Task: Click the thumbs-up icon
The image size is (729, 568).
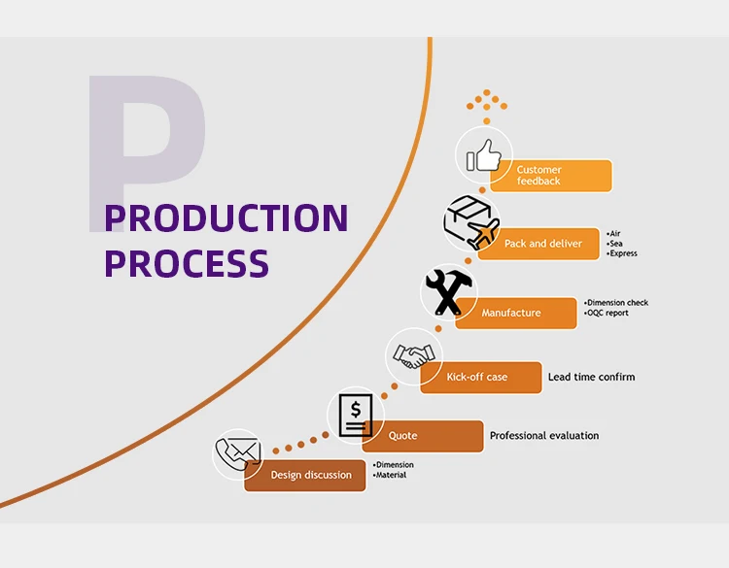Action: (x=484, y=155)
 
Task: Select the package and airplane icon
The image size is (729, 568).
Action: (x=471, y=222)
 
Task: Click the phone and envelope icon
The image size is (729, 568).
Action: (x=238, y=453)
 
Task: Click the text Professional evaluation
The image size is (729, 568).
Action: (x=544, y=436)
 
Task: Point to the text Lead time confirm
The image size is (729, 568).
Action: (x=591, y=377)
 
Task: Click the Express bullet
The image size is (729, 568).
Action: (x=623, y=253)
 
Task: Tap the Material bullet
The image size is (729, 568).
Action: (x=392, y=475)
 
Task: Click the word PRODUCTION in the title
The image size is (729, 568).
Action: (x=226, y=217)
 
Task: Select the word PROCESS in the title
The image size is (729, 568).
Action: (x=187, y=263)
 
